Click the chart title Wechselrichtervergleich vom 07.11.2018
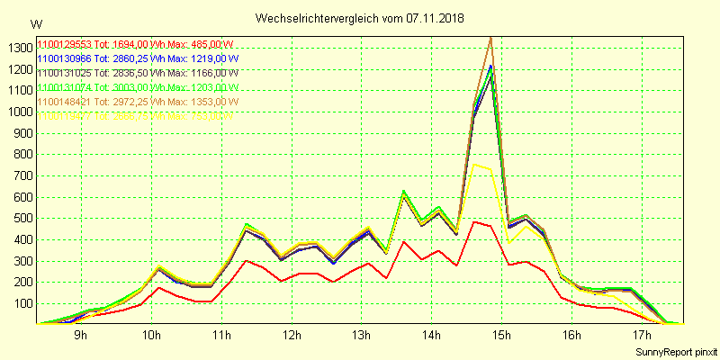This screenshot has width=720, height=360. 360,18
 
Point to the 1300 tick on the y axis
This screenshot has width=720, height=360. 17,48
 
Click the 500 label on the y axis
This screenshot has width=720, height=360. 20,218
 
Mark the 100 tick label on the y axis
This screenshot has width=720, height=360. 20,303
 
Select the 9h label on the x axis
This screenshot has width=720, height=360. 80,337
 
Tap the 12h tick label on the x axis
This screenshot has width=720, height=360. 291,337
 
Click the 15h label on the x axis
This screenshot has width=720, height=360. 501,337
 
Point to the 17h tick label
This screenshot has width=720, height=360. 642,337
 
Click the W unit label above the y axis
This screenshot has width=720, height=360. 36,23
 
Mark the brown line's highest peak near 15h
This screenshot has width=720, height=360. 490,37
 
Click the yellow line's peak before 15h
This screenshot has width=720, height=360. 474,165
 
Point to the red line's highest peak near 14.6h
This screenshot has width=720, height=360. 474,221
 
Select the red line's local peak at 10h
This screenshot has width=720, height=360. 158,288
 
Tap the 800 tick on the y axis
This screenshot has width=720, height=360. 20,154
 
